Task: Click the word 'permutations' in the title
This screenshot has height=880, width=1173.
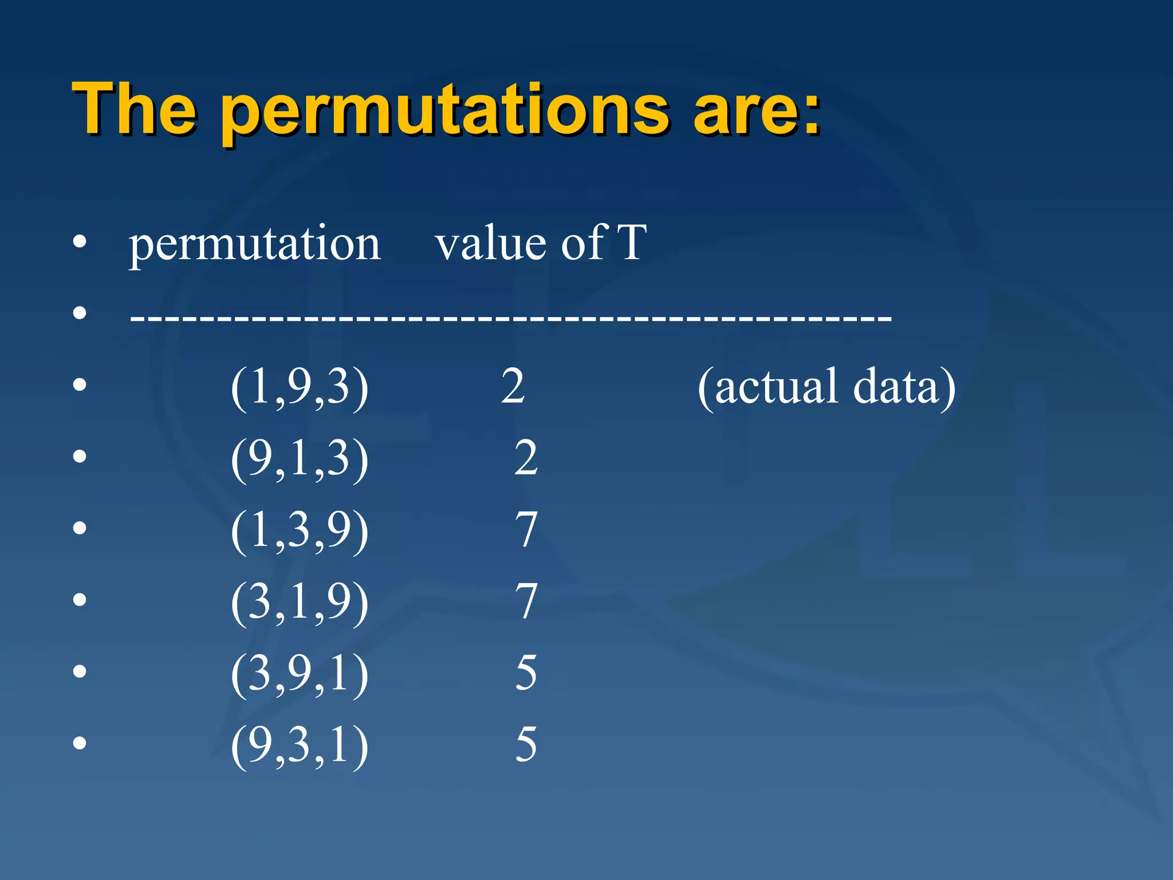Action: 445,112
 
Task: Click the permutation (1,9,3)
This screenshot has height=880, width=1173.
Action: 300,388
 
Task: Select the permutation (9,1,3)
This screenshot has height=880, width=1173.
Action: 300,459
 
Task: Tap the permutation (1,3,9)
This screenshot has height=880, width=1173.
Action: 300,531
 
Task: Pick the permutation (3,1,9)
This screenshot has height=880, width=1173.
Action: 300,603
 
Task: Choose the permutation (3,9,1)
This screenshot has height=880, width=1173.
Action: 300,674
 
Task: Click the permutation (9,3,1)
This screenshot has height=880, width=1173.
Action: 300,746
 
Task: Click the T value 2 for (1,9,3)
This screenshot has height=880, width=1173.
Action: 513,387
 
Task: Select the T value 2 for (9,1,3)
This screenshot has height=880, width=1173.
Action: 526,458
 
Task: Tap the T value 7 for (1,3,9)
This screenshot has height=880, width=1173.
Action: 526,530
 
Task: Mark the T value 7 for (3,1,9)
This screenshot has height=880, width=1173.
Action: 526,602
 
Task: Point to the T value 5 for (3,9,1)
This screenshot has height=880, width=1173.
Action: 526,673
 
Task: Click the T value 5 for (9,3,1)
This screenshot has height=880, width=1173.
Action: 526,745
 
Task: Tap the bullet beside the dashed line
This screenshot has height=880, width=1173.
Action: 80,313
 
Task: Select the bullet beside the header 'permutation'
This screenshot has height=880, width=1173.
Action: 80,242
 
